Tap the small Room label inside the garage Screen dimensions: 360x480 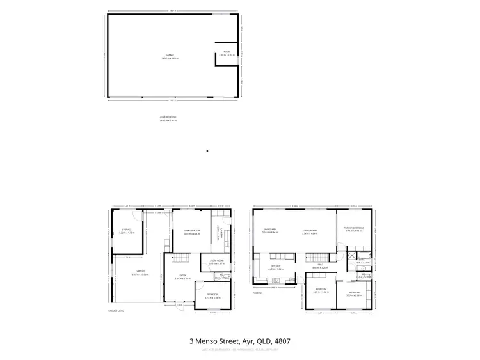tap(227, 53)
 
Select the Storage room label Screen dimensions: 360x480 tap(126, 231)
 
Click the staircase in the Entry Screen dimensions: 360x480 tap(180, 258)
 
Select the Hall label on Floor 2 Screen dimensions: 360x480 tap(319, 266)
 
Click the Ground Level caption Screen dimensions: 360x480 tap(115, 311)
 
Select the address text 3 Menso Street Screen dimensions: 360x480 tap(239, 341)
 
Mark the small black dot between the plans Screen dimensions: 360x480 tap(207, 151)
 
